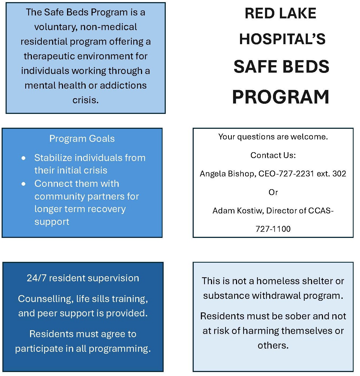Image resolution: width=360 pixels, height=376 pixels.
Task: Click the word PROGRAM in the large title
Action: coord(281,97)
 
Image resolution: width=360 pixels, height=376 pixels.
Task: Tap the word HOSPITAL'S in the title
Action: coord(282,39)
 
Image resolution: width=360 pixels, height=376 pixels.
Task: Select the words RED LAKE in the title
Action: coord(280,13)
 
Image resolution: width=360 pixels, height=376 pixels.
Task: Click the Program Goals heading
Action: coord(82,139)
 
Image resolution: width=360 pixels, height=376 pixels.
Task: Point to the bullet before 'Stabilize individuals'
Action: coord(24,158)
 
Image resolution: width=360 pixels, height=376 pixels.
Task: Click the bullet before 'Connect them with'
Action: coord(24,184)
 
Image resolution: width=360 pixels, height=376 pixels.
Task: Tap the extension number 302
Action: coord(339,174)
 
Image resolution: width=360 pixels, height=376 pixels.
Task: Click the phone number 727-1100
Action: coord(273,229)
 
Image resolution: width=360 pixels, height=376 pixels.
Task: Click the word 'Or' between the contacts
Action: coord(273,192)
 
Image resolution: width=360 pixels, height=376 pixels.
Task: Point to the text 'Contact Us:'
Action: coord(273,155)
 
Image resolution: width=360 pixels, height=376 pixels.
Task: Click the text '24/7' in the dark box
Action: coord(36,278)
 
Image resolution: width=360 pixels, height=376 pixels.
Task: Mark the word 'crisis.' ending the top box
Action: coord(85,100)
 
